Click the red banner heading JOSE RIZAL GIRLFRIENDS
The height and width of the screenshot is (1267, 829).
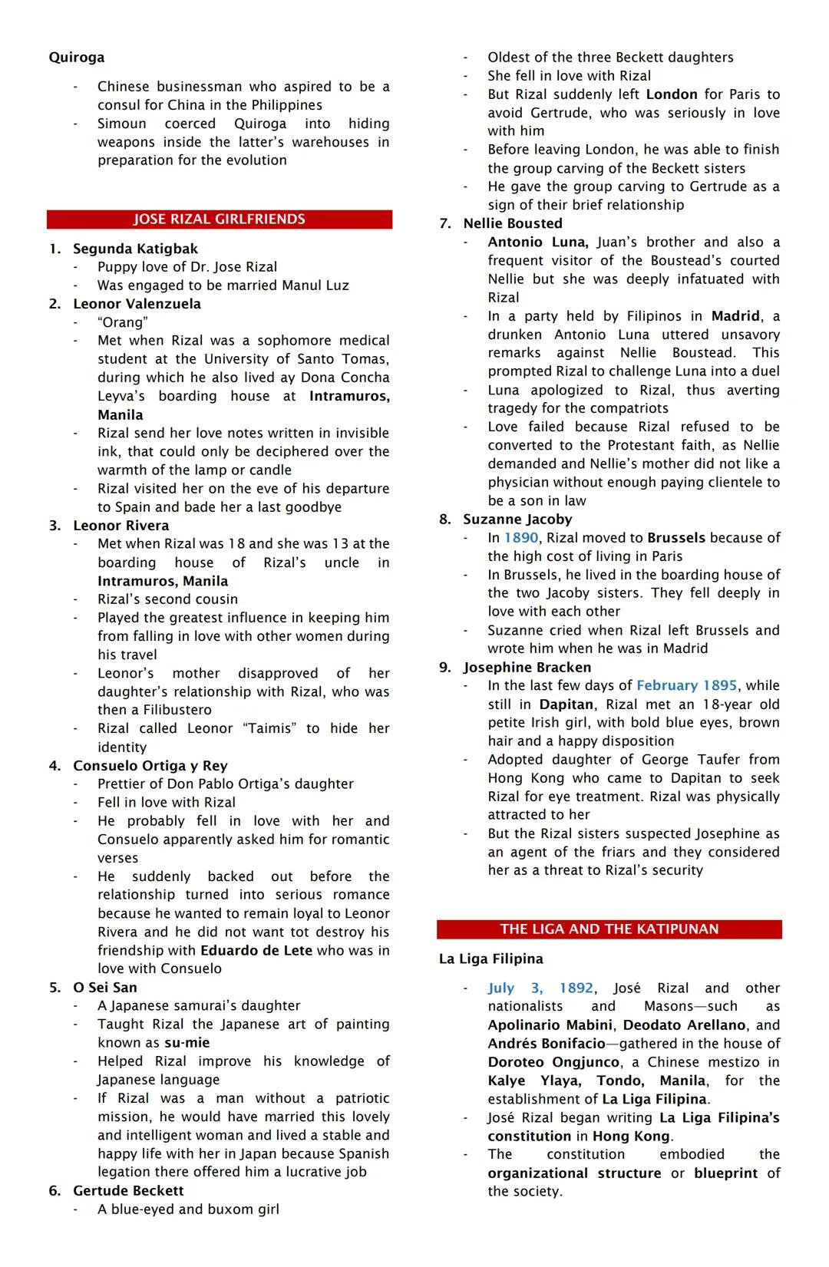tap(219, 219)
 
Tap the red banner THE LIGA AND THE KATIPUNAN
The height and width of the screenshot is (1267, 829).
tap(609, 929)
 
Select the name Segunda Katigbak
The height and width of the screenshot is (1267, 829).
tap(135, 249)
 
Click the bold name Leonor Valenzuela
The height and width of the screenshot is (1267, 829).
tap(137, 304)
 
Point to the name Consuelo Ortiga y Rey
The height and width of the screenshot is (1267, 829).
tap(150, 766)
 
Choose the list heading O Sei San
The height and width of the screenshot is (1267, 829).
tap(104, 988)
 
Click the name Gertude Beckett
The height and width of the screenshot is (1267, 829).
tap(128, 1191)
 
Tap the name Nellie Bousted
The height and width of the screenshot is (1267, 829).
tap(512, 224)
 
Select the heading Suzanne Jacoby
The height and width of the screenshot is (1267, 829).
tap(517, 520)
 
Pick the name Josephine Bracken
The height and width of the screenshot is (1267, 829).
tap(527, 668)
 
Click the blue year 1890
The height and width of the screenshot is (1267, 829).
tap(521, 538)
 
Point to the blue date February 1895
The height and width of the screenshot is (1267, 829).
tap(686, 685)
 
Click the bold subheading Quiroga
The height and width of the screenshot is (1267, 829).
tap(77, 58)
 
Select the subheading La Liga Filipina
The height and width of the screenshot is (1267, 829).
tap(490, 959)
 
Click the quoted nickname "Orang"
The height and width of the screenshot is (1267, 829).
tap(122, 322)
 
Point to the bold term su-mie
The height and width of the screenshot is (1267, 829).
tap(187, 1043)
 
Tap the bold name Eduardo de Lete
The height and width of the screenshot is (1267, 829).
tap(256, 951)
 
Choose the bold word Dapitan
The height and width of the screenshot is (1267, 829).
tap(566, 704)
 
